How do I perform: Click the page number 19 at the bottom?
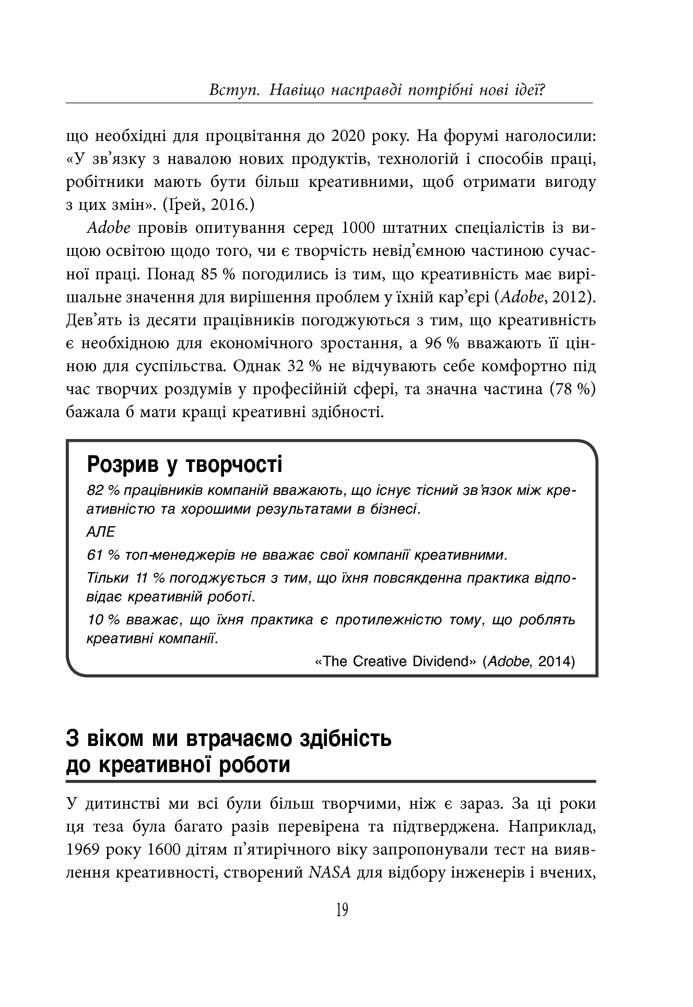[342, 910]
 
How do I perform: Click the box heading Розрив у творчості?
[184, 464]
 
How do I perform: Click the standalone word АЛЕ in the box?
[99, 532]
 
